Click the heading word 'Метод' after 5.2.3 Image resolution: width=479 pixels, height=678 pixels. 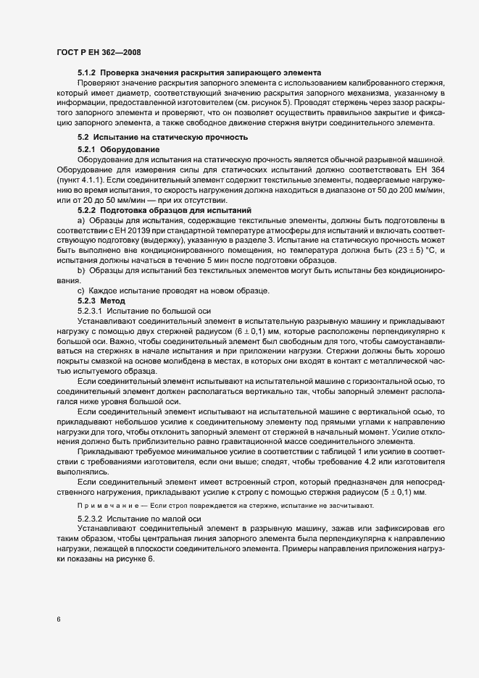[114, 301]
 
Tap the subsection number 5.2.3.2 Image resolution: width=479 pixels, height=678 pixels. [91, 519]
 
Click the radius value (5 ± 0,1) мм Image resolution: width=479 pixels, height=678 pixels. [400, 492]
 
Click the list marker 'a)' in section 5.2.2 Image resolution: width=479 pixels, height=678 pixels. [81, 219]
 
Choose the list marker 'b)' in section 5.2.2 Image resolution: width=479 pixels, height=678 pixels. [81, 270]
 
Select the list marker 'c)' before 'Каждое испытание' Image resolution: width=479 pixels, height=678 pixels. [81, 290]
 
